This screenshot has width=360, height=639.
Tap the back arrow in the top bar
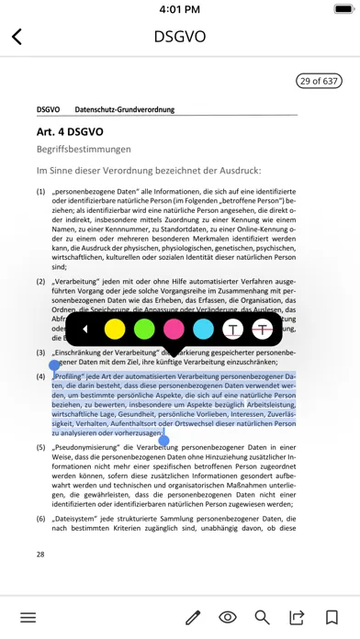(17, 37)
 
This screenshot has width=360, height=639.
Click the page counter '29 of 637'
(318, 82)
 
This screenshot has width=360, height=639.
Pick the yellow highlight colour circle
(114, 329)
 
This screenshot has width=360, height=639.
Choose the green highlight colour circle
(144, 329)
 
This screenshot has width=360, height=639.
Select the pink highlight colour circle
(174, 329)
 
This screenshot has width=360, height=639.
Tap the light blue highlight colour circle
(204, 329)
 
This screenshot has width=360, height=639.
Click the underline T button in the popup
(233, 329)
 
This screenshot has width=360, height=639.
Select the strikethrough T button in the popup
(263, 329)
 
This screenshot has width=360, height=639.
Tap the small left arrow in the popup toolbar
(85, 329)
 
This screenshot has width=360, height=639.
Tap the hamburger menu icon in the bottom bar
(28, 617)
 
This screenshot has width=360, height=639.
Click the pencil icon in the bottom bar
(193, 617)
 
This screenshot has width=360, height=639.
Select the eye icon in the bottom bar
(228, 617)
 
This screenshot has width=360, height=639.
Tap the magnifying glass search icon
(263, 617)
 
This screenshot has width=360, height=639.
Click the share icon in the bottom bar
(297, 617)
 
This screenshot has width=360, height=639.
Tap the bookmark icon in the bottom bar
(331, 617)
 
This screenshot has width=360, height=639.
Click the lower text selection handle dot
(164, 441)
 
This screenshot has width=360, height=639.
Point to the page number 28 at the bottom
(40, 555)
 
